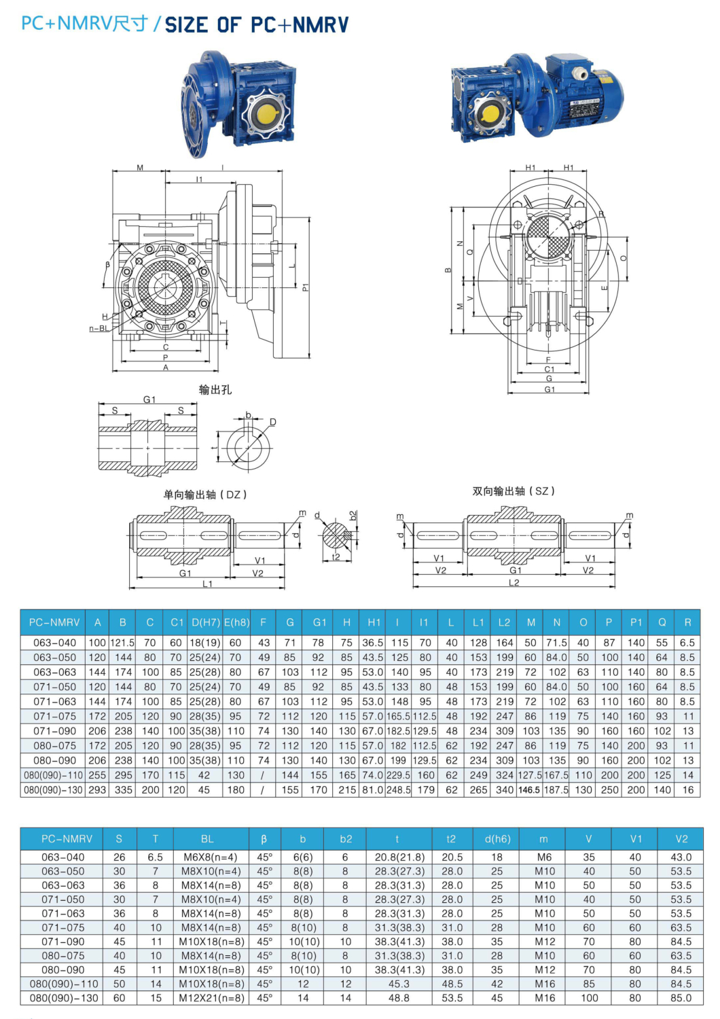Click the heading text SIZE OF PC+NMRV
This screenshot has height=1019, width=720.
[x=257, y=25]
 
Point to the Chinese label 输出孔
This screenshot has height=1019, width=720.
[x=215, y=389]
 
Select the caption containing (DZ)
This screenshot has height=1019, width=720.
[x=205, y=495]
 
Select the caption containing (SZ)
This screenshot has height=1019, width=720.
[x=514, y=490]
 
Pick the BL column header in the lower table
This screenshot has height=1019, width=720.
[x=207, y=839]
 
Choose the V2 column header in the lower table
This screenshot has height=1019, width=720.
[x=681, y=839]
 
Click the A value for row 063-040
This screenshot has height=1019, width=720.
[x=97, y=643]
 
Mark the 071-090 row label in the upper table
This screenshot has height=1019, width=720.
[x=54, y=731]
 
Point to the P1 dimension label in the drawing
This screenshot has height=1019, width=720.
[x=305, y=287]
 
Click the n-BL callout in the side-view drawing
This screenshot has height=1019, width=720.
[x=98, y=329]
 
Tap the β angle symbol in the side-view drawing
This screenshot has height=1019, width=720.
[x=107, y=265]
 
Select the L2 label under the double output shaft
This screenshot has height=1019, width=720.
[x=514, y=583]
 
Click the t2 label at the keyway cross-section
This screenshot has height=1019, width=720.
[x=336, y=557]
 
